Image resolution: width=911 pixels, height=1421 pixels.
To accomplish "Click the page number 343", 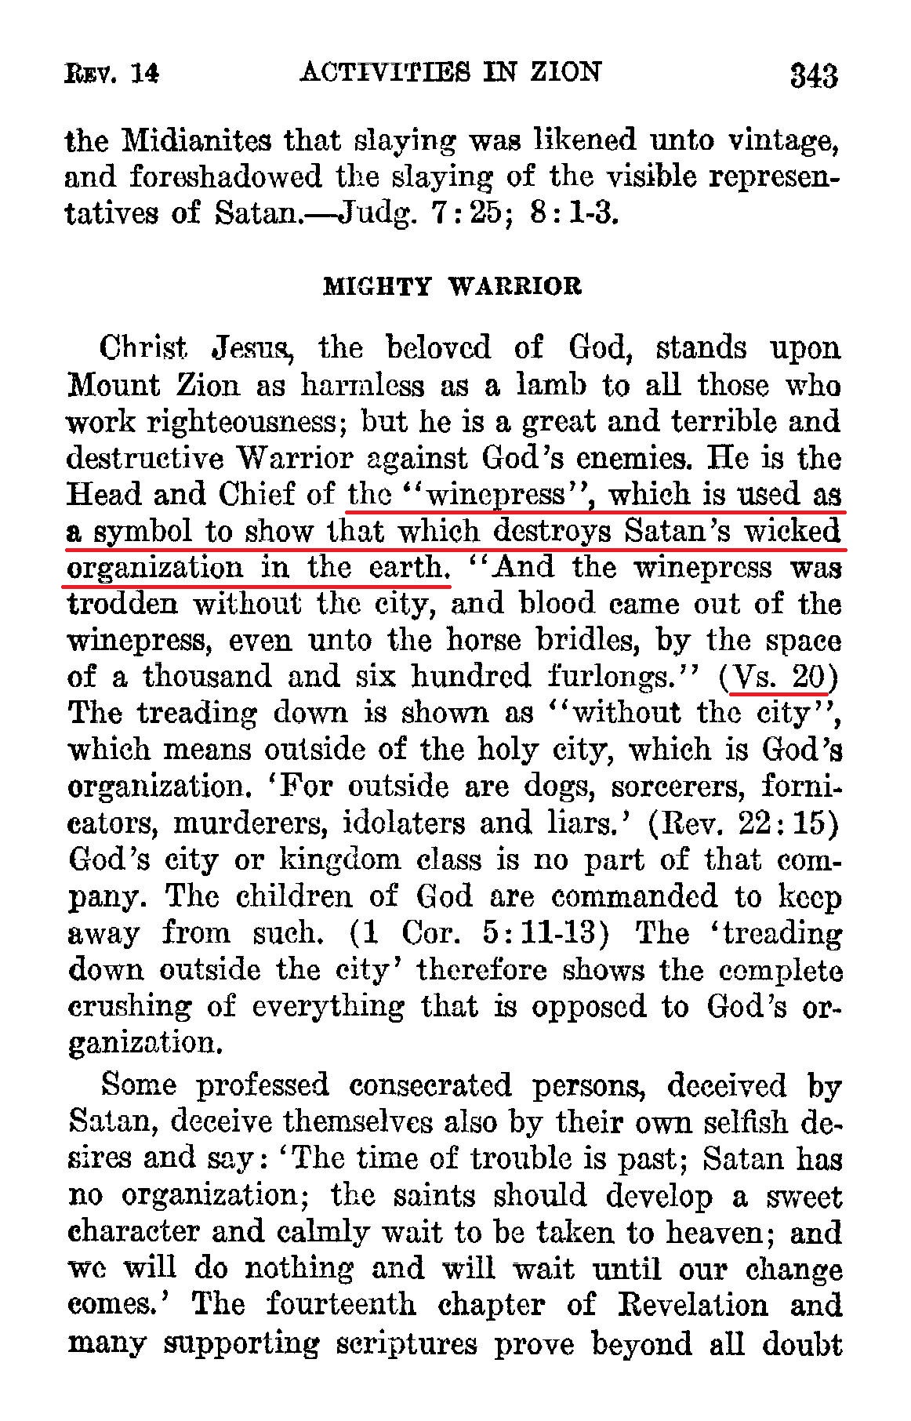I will (814, 76).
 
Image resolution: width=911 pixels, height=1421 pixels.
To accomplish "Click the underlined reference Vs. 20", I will (779, 676).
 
